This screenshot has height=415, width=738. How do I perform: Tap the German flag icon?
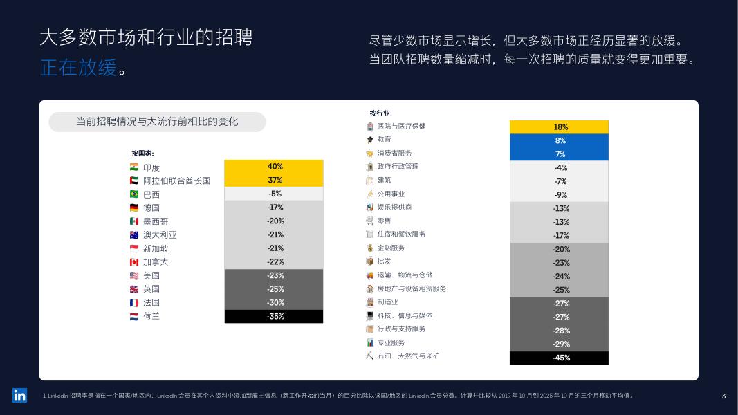pyautogui.click(x=134, y=207)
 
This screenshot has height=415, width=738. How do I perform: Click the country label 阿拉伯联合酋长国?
pyautogui.click(x=176, y=181)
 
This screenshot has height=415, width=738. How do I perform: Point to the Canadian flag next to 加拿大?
pyautogui.click(x=134, y=262)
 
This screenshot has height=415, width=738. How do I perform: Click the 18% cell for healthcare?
pyautogui.click(x=559, y=127)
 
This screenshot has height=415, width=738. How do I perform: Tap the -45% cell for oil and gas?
pyautogui.click(x=559, y=358)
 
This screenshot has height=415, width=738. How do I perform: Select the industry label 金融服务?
pyautogui.click(x=391, y=248)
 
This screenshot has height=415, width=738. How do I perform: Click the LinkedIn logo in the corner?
pyautogui.click(x=20, y=396)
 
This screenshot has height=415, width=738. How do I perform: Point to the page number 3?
pyautogui.click(x=724, y=396)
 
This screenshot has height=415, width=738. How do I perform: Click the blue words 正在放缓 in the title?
pyautogui.click(x=78, y=68)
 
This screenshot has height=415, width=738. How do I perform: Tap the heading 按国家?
pyautogui.click(x=142, y=154)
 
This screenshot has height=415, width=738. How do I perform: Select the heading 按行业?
pyautogui.click(x=381, y=113)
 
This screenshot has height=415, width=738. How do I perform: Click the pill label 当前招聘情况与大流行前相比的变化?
pyautogui.click(x=157, y=122)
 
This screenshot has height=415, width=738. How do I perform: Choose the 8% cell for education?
pyautogui.click(x=559, y=140)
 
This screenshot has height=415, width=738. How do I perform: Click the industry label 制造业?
pyautogui.click(x=388, y=302)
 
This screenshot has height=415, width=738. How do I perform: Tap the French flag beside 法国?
pyautogui.click(x=134, y=303)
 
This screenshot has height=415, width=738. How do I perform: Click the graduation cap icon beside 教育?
pyautogui.click(x=370, y=140)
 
